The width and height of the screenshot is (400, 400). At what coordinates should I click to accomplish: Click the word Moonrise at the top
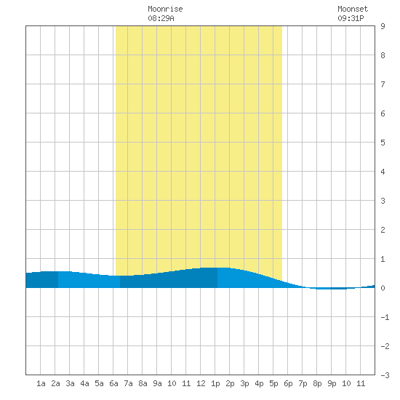[165, 9]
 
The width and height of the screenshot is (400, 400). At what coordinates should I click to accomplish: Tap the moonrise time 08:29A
[161, 18]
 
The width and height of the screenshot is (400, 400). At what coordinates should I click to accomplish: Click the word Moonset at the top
[353, 9]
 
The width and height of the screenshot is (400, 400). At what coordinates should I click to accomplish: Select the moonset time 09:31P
[351, 18]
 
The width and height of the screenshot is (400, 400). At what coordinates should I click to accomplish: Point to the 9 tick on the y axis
[383, 26]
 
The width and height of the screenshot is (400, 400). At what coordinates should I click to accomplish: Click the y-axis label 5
[383, 143]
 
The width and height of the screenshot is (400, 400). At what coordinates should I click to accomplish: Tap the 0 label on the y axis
[383, 288]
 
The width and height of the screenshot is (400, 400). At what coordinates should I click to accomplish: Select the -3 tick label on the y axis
[385, 375]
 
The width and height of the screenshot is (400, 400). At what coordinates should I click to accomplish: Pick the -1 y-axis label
[385, 317]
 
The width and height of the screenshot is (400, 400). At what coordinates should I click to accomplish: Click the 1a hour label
[41, 383]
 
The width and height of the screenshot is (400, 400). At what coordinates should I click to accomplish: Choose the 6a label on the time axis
[113, 383]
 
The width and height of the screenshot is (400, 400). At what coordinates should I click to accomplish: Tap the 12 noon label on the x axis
[201, 383]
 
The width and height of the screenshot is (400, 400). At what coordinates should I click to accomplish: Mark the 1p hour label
[215, 383]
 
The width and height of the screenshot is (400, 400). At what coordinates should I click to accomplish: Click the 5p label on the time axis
[273, 383]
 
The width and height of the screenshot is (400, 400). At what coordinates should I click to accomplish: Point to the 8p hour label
[317, 383]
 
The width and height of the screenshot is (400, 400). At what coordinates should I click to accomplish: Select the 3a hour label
[70, 383]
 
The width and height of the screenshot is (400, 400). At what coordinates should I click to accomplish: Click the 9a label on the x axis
[157, 383]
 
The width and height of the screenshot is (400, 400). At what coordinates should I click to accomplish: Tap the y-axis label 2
[383, 230]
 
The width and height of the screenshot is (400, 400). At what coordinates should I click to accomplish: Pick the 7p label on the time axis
[303, 383]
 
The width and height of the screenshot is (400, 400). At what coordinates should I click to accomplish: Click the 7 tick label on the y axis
[383, 84]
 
